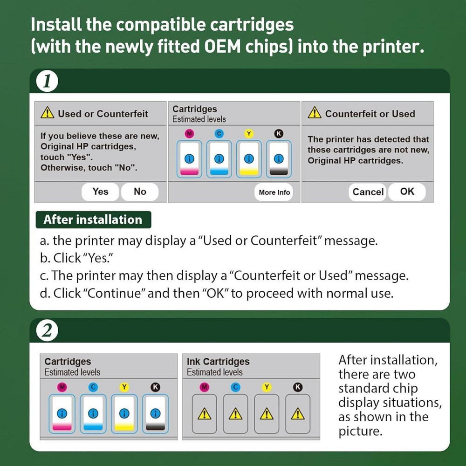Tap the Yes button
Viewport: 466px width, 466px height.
click(x=100, y=192)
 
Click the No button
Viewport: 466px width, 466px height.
click(x=140, y=192)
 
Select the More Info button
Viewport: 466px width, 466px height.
click(x=274, y=192)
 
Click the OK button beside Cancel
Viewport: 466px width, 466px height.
click(x=407, y=192)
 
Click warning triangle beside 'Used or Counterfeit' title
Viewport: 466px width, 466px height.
click(x=48, y=113)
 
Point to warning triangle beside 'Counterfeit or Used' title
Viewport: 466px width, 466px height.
click(x=315, y=113)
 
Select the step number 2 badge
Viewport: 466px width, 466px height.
click(x=47, y=331)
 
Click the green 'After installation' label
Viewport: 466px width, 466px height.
click(x=93, y=219)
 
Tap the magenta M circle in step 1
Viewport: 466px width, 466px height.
click(x=189, y=134)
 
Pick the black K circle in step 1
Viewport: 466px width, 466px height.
click(x=279, y=134)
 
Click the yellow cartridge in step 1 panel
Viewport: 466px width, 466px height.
click(x=249, y=159)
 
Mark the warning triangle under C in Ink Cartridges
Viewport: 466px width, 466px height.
click(x=235, y=413)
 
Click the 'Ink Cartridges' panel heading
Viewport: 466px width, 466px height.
click(x=218, y=362)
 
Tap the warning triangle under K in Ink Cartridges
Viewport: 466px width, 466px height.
click(x=297, y=413)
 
